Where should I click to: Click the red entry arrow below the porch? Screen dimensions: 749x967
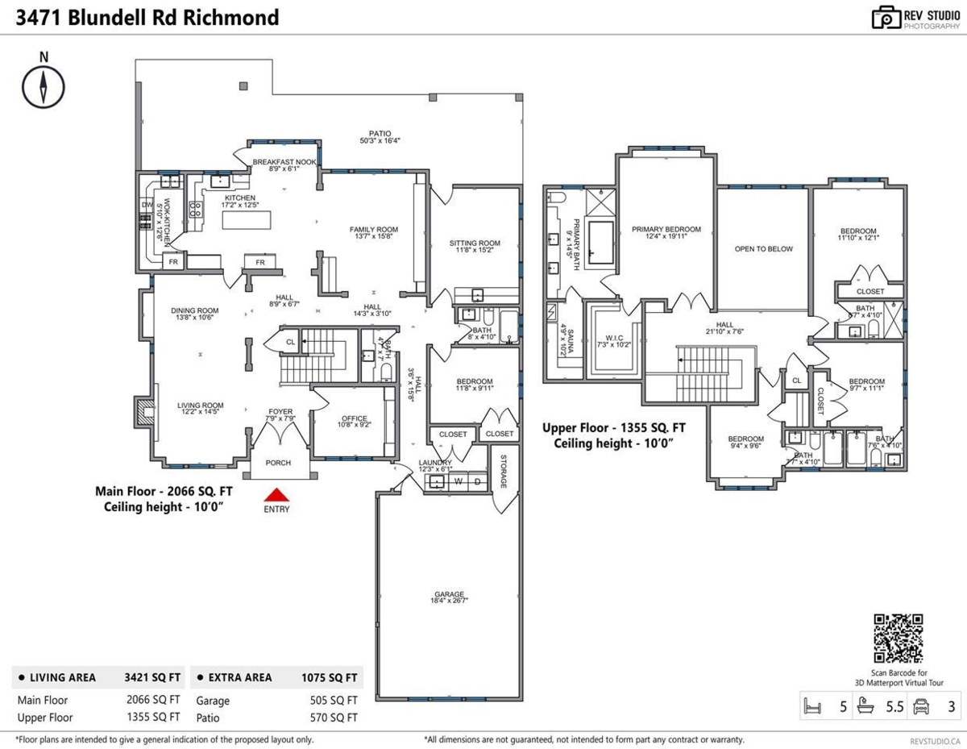(276, 495)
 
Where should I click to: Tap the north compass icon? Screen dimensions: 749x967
(44, 85)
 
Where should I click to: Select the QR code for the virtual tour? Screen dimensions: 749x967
(899, 639)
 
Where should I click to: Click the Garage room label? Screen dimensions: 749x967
(449, 595)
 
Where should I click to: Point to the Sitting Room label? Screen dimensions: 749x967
(475, 243)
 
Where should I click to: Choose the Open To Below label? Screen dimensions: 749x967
(763, 248)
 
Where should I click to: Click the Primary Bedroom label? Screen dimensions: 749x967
(666, 229)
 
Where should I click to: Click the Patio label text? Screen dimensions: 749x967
(375, 134)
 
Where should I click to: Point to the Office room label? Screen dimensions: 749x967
(354, 418)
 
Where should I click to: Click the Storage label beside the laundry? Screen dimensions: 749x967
(503, 472)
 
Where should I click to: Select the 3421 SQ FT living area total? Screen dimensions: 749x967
(153, 677)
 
